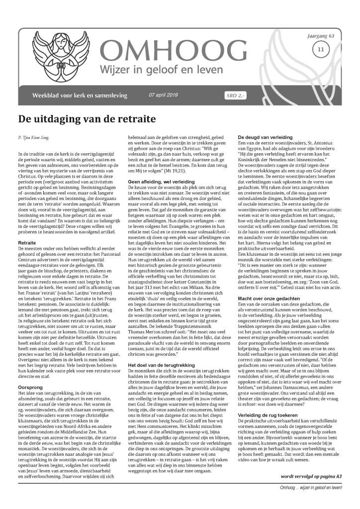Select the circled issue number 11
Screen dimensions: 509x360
click(321, 49)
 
